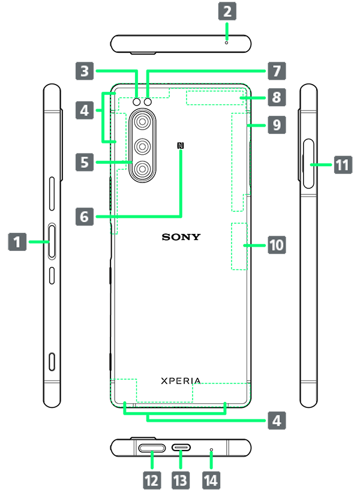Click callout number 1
coord(17,242)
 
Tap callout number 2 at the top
coord(227,10)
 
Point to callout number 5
coord(85,161)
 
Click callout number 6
coord(85,215)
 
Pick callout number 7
coord(276,71)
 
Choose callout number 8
coord(276,98)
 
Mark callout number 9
coord(276,125)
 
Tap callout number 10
coord(276,245)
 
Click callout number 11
coord(342,164)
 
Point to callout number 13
coord(180,480)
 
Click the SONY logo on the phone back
coord(181,237)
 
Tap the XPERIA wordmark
coord(181,381)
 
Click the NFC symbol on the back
coord(180,145)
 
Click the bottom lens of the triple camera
coord(142,169)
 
